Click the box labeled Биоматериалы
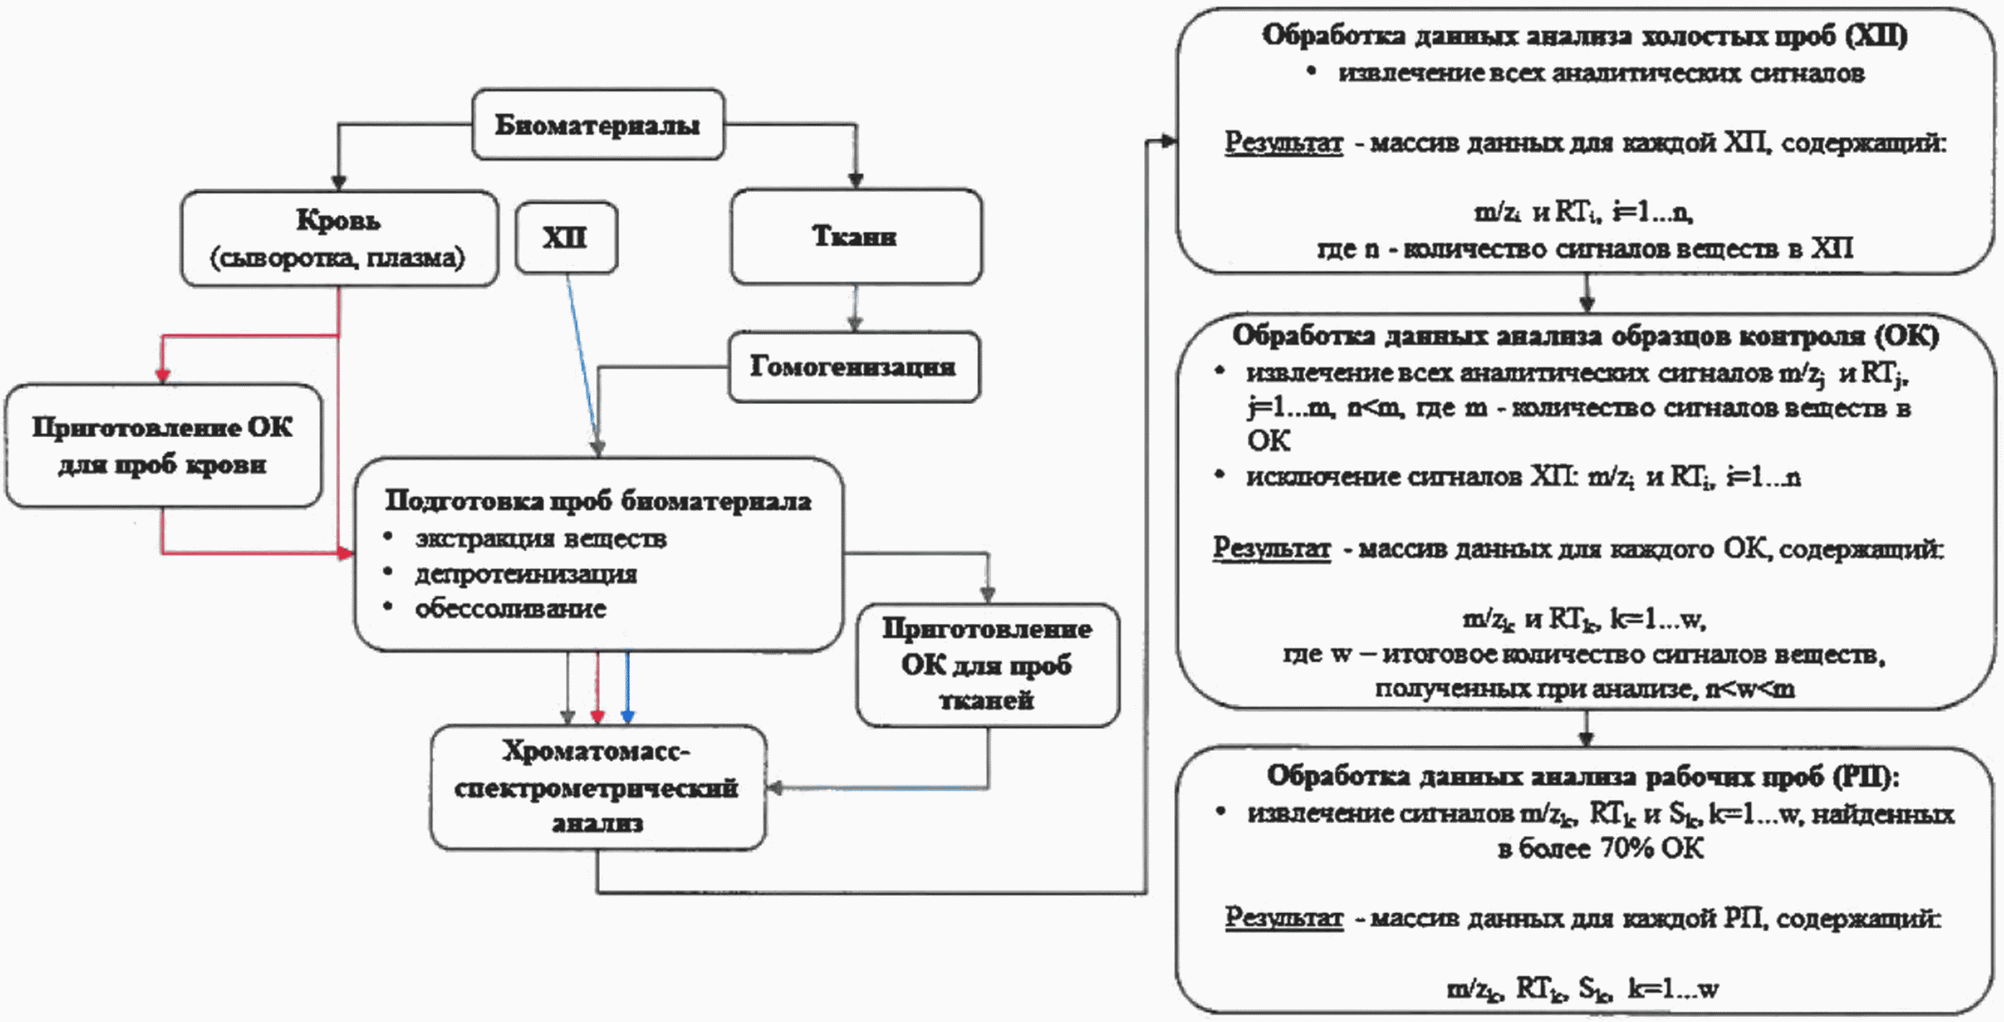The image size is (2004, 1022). tap(598, 125)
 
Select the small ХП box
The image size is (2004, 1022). tap(567, 237)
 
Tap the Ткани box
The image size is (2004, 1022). tap(855, 236)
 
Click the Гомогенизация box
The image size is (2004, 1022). tap(854, 366)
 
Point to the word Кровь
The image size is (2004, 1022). tap(337, 220)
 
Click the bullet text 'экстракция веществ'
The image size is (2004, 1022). tap(541, 539)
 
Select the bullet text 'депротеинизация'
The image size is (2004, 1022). tap(526, 573)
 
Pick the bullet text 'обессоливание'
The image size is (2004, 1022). tap(510, 608)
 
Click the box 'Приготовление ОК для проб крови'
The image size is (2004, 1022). tap(163, 445)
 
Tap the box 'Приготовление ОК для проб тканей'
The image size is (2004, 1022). tap(987, 666)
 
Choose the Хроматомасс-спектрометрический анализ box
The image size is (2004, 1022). tap(598, 788)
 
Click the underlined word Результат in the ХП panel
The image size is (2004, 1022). tap(1284, 144)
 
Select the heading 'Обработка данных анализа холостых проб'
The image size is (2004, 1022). tap(1584, 36)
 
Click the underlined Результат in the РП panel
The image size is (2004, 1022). tap(1284, 918)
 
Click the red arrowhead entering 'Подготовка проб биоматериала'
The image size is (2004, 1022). tap(345, 553)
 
